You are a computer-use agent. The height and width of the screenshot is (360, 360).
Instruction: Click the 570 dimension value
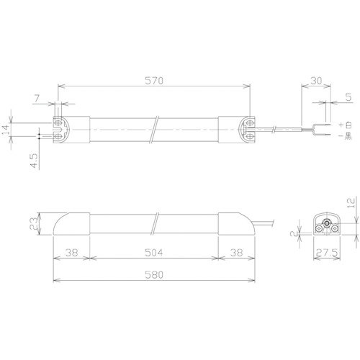tap(154, 81)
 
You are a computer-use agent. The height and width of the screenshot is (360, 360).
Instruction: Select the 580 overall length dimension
tap(154, 275)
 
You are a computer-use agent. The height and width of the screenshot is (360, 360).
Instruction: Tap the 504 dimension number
tap(154, 253)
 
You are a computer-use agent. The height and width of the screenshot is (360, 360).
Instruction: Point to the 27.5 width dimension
tap(327, 253)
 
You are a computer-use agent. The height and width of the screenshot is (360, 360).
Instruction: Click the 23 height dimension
tap(34, 223)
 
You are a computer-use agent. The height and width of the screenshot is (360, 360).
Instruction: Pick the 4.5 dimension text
tap(34, 161)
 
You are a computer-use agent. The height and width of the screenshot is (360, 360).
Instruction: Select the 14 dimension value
tap(6, 130)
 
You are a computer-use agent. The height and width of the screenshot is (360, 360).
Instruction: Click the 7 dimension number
tap(37, 99)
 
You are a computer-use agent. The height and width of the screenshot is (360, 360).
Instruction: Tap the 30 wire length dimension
tap(316, 81)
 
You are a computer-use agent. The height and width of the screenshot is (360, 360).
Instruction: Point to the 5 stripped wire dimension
tap(348, 97)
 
